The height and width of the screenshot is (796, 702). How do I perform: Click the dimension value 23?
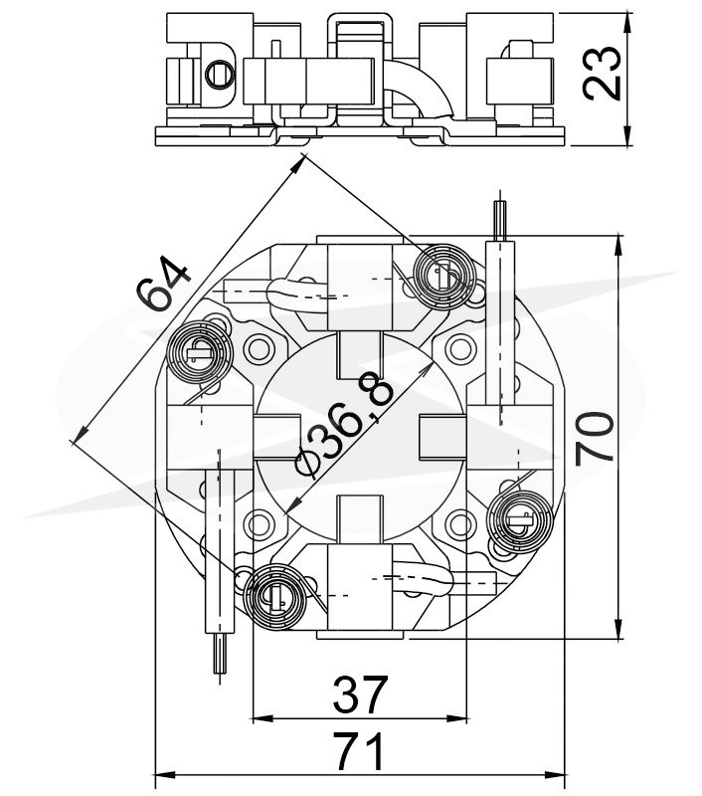603,74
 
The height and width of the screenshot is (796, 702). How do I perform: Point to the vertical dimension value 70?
594,438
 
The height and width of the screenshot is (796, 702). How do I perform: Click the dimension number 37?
360,695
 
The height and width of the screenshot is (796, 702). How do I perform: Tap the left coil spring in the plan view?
199,352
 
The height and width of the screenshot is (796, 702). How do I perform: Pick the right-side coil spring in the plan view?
519,519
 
